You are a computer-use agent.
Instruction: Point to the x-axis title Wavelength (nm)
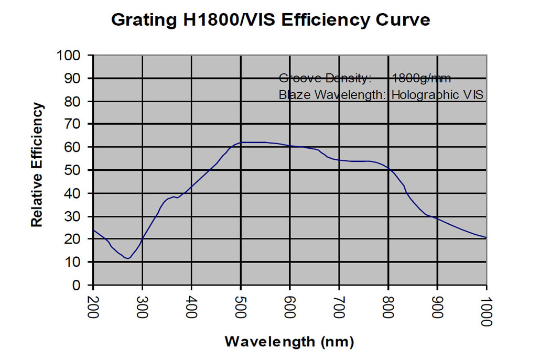pos(289,342)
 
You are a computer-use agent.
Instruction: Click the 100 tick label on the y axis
pos(69,56)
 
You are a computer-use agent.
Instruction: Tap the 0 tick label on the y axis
pos(77,286)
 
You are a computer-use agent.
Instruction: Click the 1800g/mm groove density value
pos(421,79)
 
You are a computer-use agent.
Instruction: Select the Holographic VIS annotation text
pos(437,95)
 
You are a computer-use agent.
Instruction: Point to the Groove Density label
pos(325,79)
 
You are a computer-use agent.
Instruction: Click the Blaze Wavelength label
pos(332,95)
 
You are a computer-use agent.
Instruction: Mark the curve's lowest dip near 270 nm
pos(128,258)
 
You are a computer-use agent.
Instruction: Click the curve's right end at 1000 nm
pos(486,238)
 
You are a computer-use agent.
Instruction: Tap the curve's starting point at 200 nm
pos(93,230)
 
